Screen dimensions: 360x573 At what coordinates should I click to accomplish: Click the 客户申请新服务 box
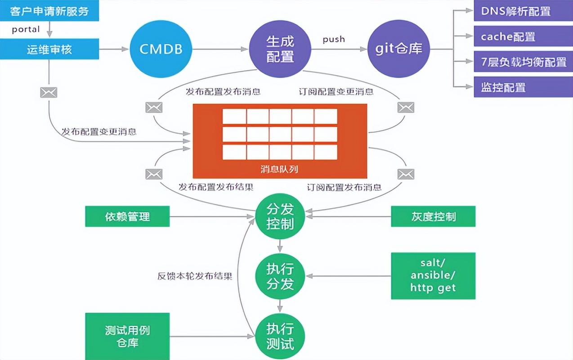[x=49, y=11]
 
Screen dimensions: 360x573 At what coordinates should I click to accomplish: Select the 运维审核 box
[x=49, y=49]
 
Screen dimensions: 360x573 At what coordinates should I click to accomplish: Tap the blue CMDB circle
[x=160, y=49]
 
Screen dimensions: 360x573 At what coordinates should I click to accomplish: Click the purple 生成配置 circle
[x=280, y=49]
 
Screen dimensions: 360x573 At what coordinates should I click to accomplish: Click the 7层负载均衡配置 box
[x=523, y=62]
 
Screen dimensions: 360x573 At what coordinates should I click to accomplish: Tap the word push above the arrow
[x=334, y=39]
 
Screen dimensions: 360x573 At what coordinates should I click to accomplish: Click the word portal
[x=26, y=30]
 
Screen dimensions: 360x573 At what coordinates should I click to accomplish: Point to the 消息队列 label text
[x=279, y=170]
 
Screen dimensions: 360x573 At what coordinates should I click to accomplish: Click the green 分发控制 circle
[x=280, y=217]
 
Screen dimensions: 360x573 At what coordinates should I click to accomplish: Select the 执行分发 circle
[x=280, y=276]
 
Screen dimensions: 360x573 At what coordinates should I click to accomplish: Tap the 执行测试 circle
[x=280, y=336]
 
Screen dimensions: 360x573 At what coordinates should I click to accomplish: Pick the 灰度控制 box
[x=433, y=216]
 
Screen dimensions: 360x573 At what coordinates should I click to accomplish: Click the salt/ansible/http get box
[x=433, y=276]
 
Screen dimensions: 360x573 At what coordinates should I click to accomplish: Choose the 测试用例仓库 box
[x=127, y=336]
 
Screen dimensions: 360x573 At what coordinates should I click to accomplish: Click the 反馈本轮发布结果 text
[x=195, y=276]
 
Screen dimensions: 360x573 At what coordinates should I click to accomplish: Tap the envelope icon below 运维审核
[x=49, y=93]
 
